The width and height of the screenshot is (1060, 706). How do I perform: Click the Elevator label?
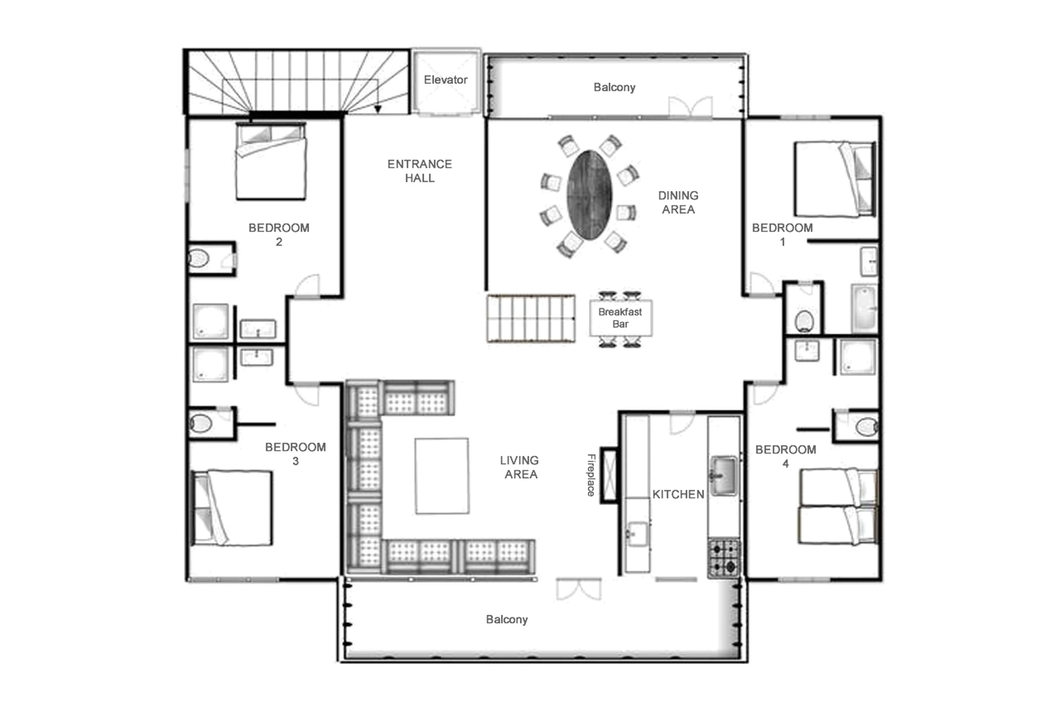445,80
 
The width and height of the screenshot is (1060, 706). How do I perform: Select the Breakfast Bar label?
620,318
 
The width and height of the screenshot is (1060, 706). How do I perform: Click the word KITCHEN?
678,494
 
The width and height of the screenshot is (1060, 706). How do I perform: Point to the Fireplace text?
591,475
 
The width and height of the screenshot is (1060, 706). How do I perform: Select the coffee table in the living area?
441,476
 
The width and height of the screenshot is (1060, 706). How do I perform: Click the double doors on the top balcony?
690,107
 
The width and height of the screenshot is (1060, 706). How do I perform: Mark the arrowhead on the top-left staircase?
378,109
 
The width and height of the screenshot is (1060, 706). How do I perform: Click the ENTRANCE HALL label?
419,171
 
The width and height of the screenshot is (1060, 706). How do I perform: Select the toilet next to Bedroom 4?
866,427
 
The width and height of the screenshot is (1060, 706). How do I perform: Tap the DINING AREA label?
678,202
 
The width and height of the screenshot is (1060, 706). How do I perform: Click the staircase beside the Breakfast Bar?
531,318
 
